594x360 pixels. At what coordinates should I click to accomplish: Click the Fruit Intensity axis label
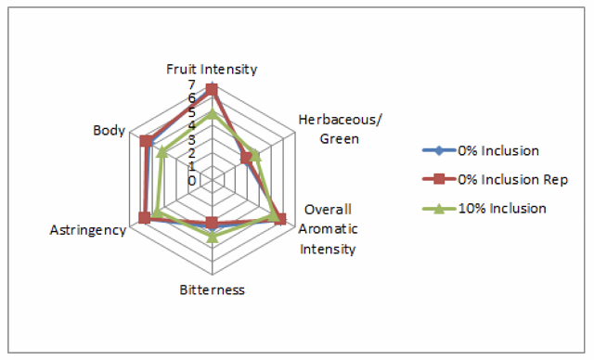pyautogui.click(x=212, y=70)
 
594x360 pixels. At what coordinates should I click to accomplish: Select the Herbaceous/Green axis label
pyautogui.click(x=340, y=129)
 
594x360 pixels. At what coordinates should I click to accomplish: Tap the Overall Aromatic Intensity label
pyautogui.click(x=328, y=229)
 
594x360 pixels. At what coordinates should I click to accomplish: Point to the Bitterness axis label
pyautogui.click(x=213, y=290)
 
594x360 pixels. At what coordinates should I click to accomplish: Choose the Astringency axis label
pyautogui.click(x=88, y=230)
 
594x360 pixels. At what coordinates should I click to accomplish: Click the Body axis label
pyautogui.click(x=110, y=131)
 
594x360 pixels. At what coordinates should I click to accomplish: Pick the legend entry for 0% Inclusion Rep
pyautogui.click(x=496, y=179)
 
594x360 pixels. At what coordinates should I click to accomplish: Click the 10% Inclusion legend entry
pyautogui.click(x=484, y=209)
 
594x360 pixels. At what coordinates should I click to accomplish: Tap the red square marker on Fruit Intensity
pyautogui.click(x=212, y=90)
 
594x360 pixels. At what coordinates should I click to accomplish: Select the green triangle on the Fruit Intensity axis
pyautogui.click(x=213, y=113)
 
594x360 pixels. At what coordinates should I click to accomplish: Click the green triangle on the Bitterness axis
pyautogui.click(x=213, y=237)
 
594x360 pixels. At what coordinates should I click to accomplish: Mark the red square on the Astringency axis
pyautogui.click(x=144, y=218)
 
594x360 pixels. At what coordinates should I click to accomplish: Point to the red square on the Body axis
pyautogui.click(x=145, y=141)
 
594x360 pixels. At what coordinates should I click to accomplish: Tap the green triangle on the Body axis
pyautogui.click(x=161, y=151)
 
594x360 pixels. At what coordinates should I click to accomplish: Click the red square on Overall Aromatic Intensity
pyautogui.click(x=280, y=219)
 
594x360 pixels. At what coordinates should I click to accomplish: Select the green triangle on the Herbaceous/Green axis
pyautogui.click(x=256, y=155)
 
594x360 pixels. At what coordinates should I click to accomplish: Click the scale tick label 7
pyautogui.click(x=192, y=84)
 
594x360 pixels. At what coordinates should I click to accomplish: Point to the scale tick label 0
pyautogui.click(x=192, y=181)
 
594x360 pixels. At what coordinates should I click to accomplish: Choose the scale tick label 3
pyautogui.click(x=192, y=140)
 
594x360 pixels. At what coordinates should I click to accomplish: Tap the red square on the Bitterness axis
pyautogui.click(x=212, y=222)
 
